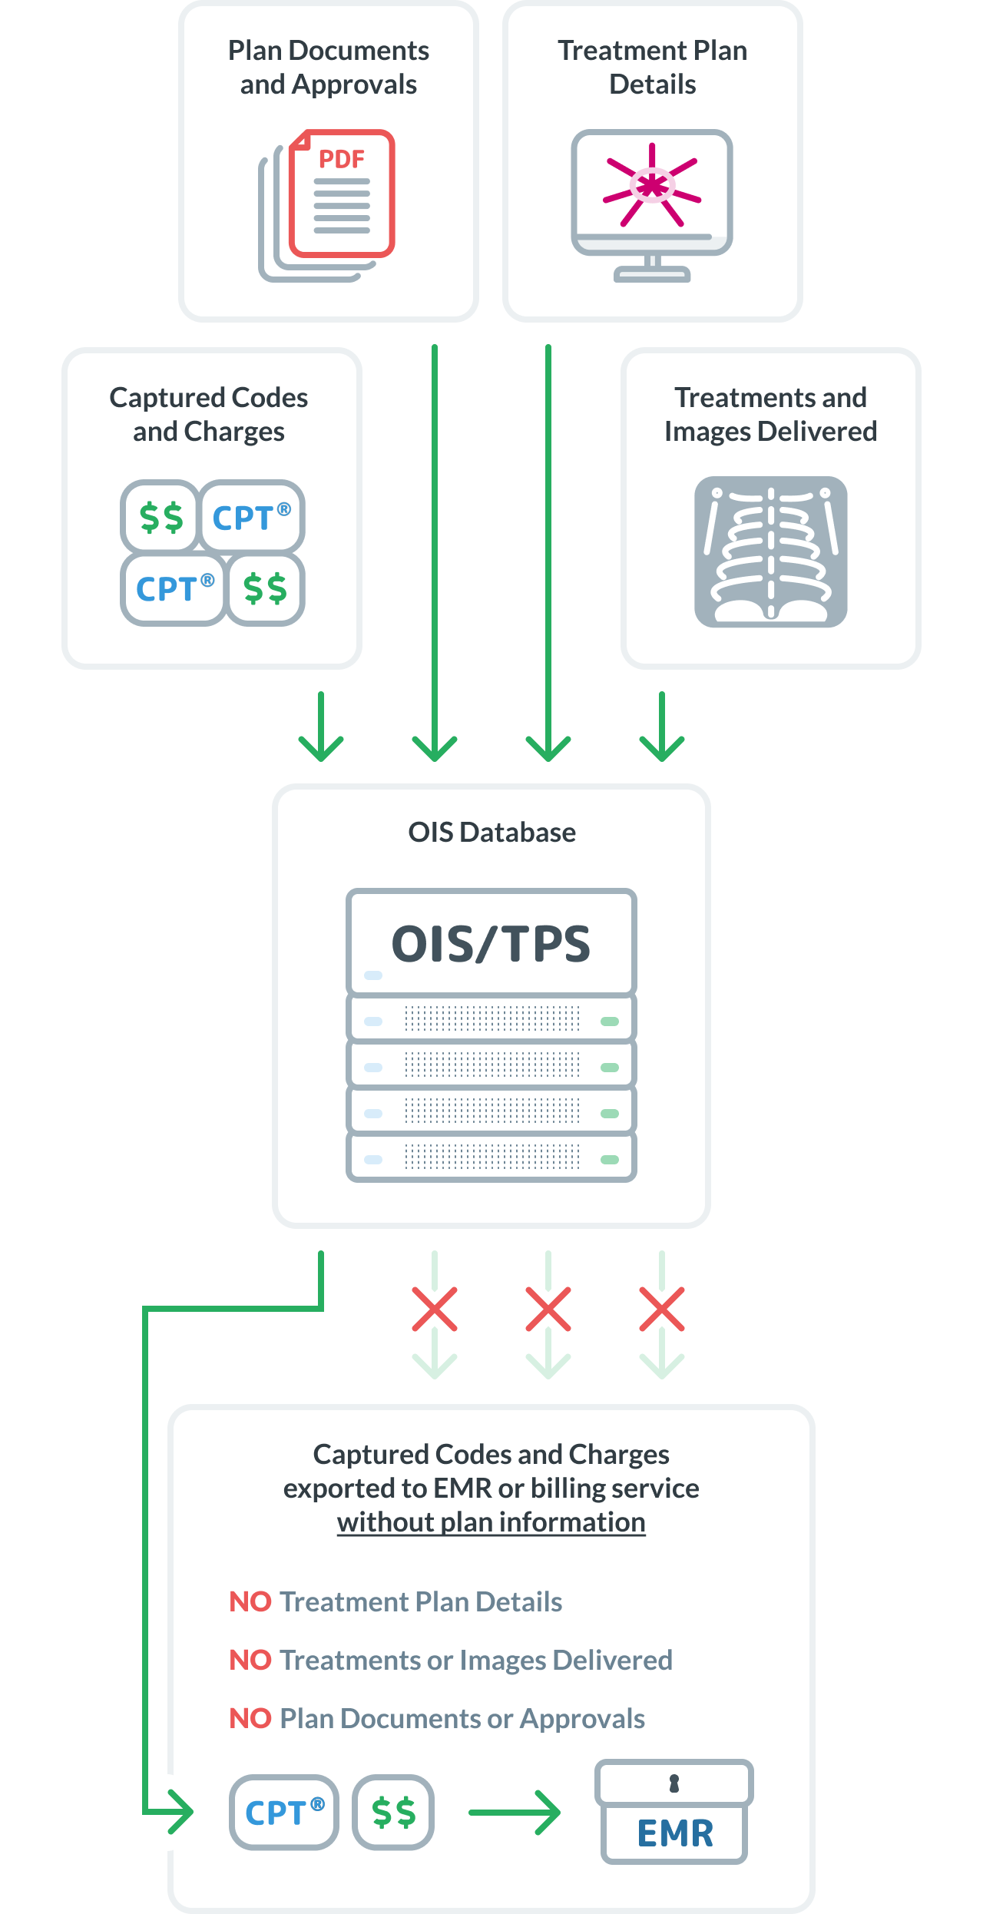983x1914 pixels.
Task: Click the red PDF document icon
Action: click(x=342, y=194)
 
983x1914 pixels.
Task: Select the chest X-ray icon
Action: click(x=770, y=551)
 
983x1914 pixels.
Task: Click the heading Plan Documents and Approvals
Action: click(x=329, y=68)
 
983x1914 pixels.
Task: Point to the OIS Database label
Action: click(x=491, y=833)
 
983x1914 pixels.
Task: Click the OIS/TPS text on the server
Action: click(x=491, y=944)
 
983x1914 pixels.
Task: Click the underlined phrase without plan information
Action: click(x=491, y=1522)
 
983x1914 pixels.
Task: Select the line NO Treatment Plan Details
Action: click(x=396, y=1602)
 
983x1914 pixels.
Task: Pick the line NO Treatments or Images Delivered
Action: click(x=451, y=1661)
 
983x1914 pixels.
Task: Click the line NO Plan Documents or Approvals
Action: click(x=437, y=1719)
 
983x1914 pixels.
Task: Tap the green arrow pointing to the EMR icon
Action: click(x=515, y=1813)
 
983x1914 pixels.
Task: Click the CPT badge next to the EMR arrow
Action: click(x=284, y=1813)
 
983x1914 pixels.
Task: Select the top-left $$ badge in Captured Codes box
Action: click(x=161, y=517)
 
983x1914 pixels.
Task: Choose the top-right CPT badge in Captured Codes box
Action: click(x=251, y=517)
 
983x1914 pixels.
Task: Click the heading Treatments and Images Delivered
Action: click(x=770, y=415)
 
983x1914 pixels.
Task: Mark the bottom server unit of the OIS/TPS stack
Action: click(x=491, y=1158)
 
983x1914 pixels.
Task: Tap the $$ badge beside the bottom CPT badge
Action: click(x=393, y=1813)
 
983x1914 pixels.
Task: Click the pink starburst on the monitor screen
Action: click(x=652, y=185)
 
